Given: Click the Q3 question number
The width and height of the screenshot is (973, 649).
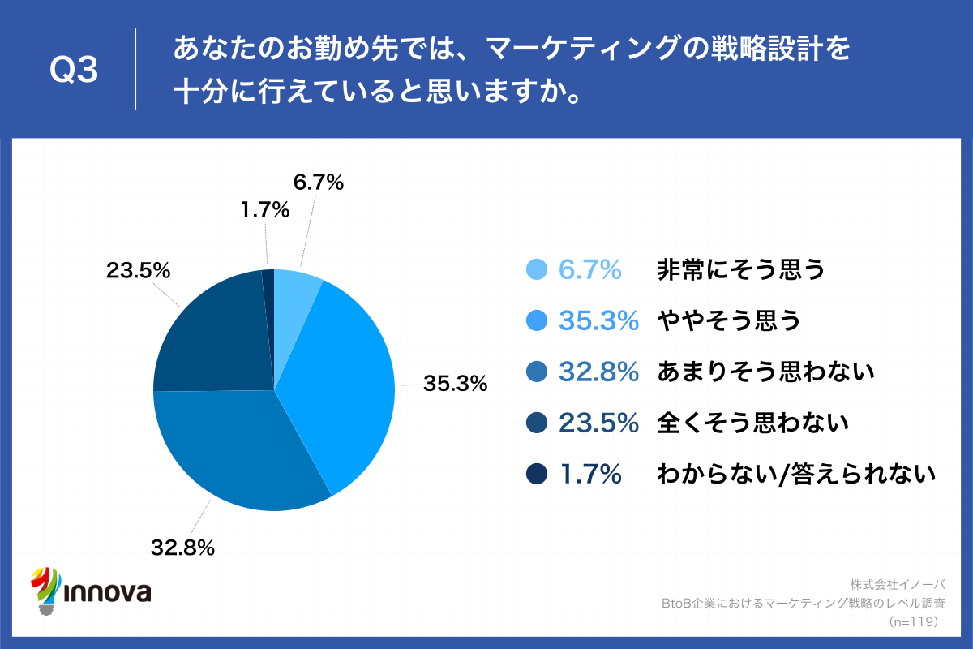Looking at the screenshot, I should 74,71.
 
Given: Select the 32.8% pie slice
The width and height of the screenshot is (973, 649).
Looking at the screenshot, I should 243,454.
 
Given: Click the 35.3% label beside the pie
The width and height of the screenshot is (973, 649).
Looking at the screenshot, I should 454,383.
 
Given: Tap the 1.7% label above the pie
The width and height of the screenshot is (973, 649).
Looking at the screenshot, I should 264,210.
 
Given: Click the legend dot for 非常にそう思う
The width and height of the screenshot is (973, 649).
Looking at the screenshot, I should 537,270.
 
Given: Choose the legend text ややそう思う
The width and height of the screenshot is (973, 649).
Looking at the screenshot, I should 728,321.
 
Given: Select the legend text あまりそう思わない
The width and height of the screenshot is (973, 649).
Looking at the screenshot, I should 765,372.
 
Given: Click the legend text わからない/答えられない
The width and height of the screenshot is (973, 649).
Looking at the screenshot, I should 796,474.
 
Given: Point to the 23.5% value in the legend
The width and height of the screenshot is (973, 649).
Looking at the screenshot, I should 598,423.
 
